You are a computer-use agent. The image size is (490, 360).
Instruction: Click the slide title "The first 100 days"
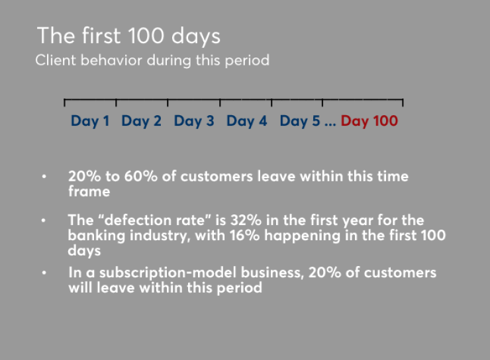point(128,35)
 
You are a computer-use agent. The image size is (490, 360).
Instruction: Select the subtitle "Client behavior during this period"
point(152,60)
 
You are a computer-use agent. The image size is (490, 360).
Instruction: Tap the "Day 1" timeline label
point(90,121)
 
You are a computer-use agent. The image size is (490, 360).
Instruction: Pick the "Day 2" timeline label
point(141,121)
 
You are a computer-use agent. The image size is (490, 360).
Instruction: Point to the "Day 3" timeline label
point(194,121)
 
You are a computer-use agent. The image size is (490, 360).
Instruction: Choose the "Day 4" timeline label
point(247,121)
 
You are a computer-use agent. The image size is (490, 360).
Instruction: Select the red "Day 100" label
point(369,121)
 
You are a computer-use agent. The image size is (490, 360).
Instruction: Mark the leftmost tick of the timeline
point(65,102)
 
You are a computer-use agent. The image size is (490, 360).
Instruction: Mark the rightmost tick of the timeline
point(403,102)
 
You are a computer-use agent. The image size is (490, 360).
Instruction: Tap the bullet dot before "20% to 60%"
point(44,177)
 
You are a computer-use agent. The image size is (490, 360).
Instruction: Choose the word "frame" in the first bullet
point(89,192)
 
